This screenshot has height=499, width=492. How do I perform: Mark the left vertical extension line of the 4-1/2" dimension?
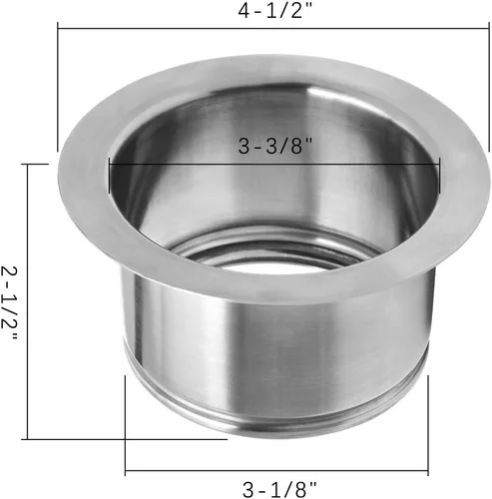(x=58, y=90)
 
